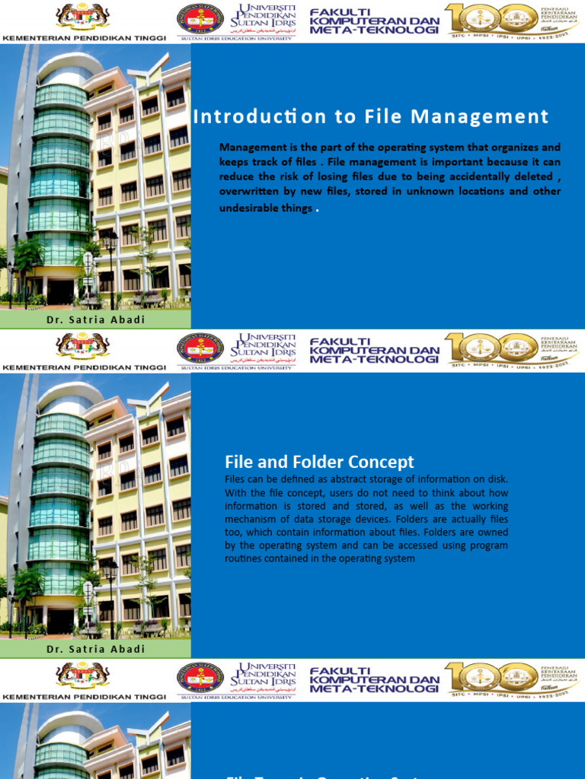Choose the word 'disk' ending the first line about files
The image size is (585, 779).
496,479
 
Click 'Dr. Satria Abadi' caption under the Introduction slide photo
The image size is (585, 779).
96,320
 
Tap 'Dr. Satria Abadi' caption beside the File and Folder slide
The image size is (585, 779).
96,649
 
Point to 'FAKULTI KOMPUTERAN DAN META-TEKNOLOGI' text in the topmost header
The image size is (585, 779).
374,21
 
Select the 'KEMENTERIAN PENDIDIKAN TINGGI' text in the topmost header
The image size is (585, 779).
84,36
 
